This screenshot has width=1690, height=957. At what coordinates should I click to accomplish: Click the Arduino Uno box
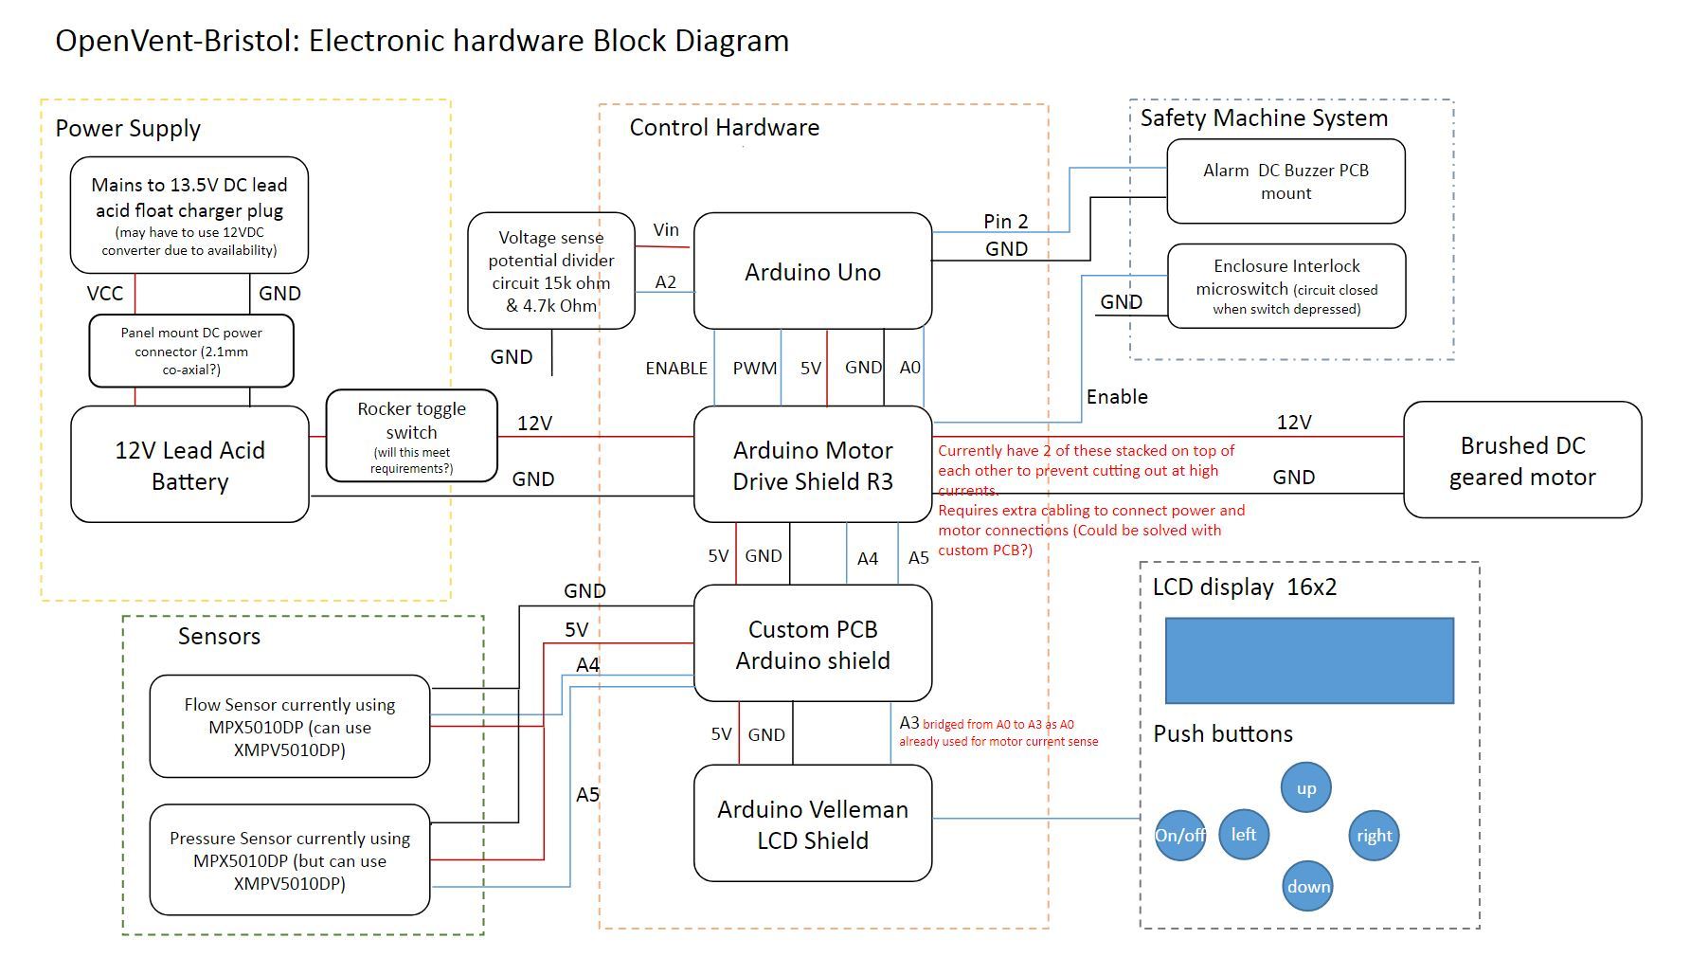click(812, 272)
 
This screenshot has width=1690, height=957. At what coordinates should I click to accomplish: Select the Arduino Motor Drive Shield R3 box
click(812, 464)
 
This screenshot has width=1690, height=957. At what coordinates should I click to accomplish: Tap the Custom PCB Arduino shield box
click(812, 644)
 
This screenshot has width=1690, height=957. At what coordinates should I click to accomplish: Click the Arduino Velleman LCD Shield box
click(812, 823)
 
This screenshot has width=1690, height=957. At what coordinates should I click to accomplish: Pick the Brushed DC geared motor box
click(1521, 460)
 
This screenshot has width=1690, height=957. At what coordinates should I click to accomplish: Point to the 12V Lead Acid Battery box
click(189, 464)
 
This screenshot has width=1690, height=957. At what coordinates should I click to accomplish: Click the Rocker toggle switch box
click(411, 436)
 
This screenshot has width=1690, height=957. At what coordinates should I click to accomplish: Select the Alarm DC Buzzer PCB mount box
click(1285, 182)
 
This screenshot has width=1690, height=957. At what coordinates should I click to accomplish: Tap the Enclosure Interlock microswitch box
click(1285, 286)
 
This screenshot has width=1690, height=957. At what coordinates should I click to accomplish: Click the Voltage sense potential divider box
click(550, 271)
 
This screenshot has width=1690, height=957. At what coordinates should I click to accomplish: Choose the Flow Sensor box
click(289, 727)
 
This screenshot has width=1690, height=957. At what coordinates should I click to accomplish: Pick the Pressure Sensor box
click(289, 860)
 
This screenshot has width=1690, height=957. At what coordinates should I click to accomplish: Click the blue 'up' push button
click(1305, 788)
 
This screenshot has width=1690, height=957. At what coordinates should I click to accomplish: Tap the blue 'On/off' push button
click(1179, 835)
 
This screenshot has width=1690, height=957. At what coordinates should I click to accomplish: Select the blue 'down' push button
click(1307, 886)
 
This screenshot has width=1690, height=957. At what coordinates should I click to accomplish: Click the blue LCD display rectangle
click(1308, 660)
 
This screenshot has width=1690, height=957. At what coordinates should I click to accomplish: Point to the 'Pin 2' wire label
click(1005, 221)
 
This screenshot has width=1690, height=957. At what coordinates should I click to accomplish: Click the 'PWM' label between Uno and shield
click(754, 368)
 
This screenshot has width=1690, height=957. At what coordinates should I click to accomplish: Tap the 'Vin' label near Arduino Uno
click(666, 229)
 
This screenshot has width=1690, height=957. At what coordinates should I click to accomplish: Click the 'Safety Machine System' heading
click(1263, 118)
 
